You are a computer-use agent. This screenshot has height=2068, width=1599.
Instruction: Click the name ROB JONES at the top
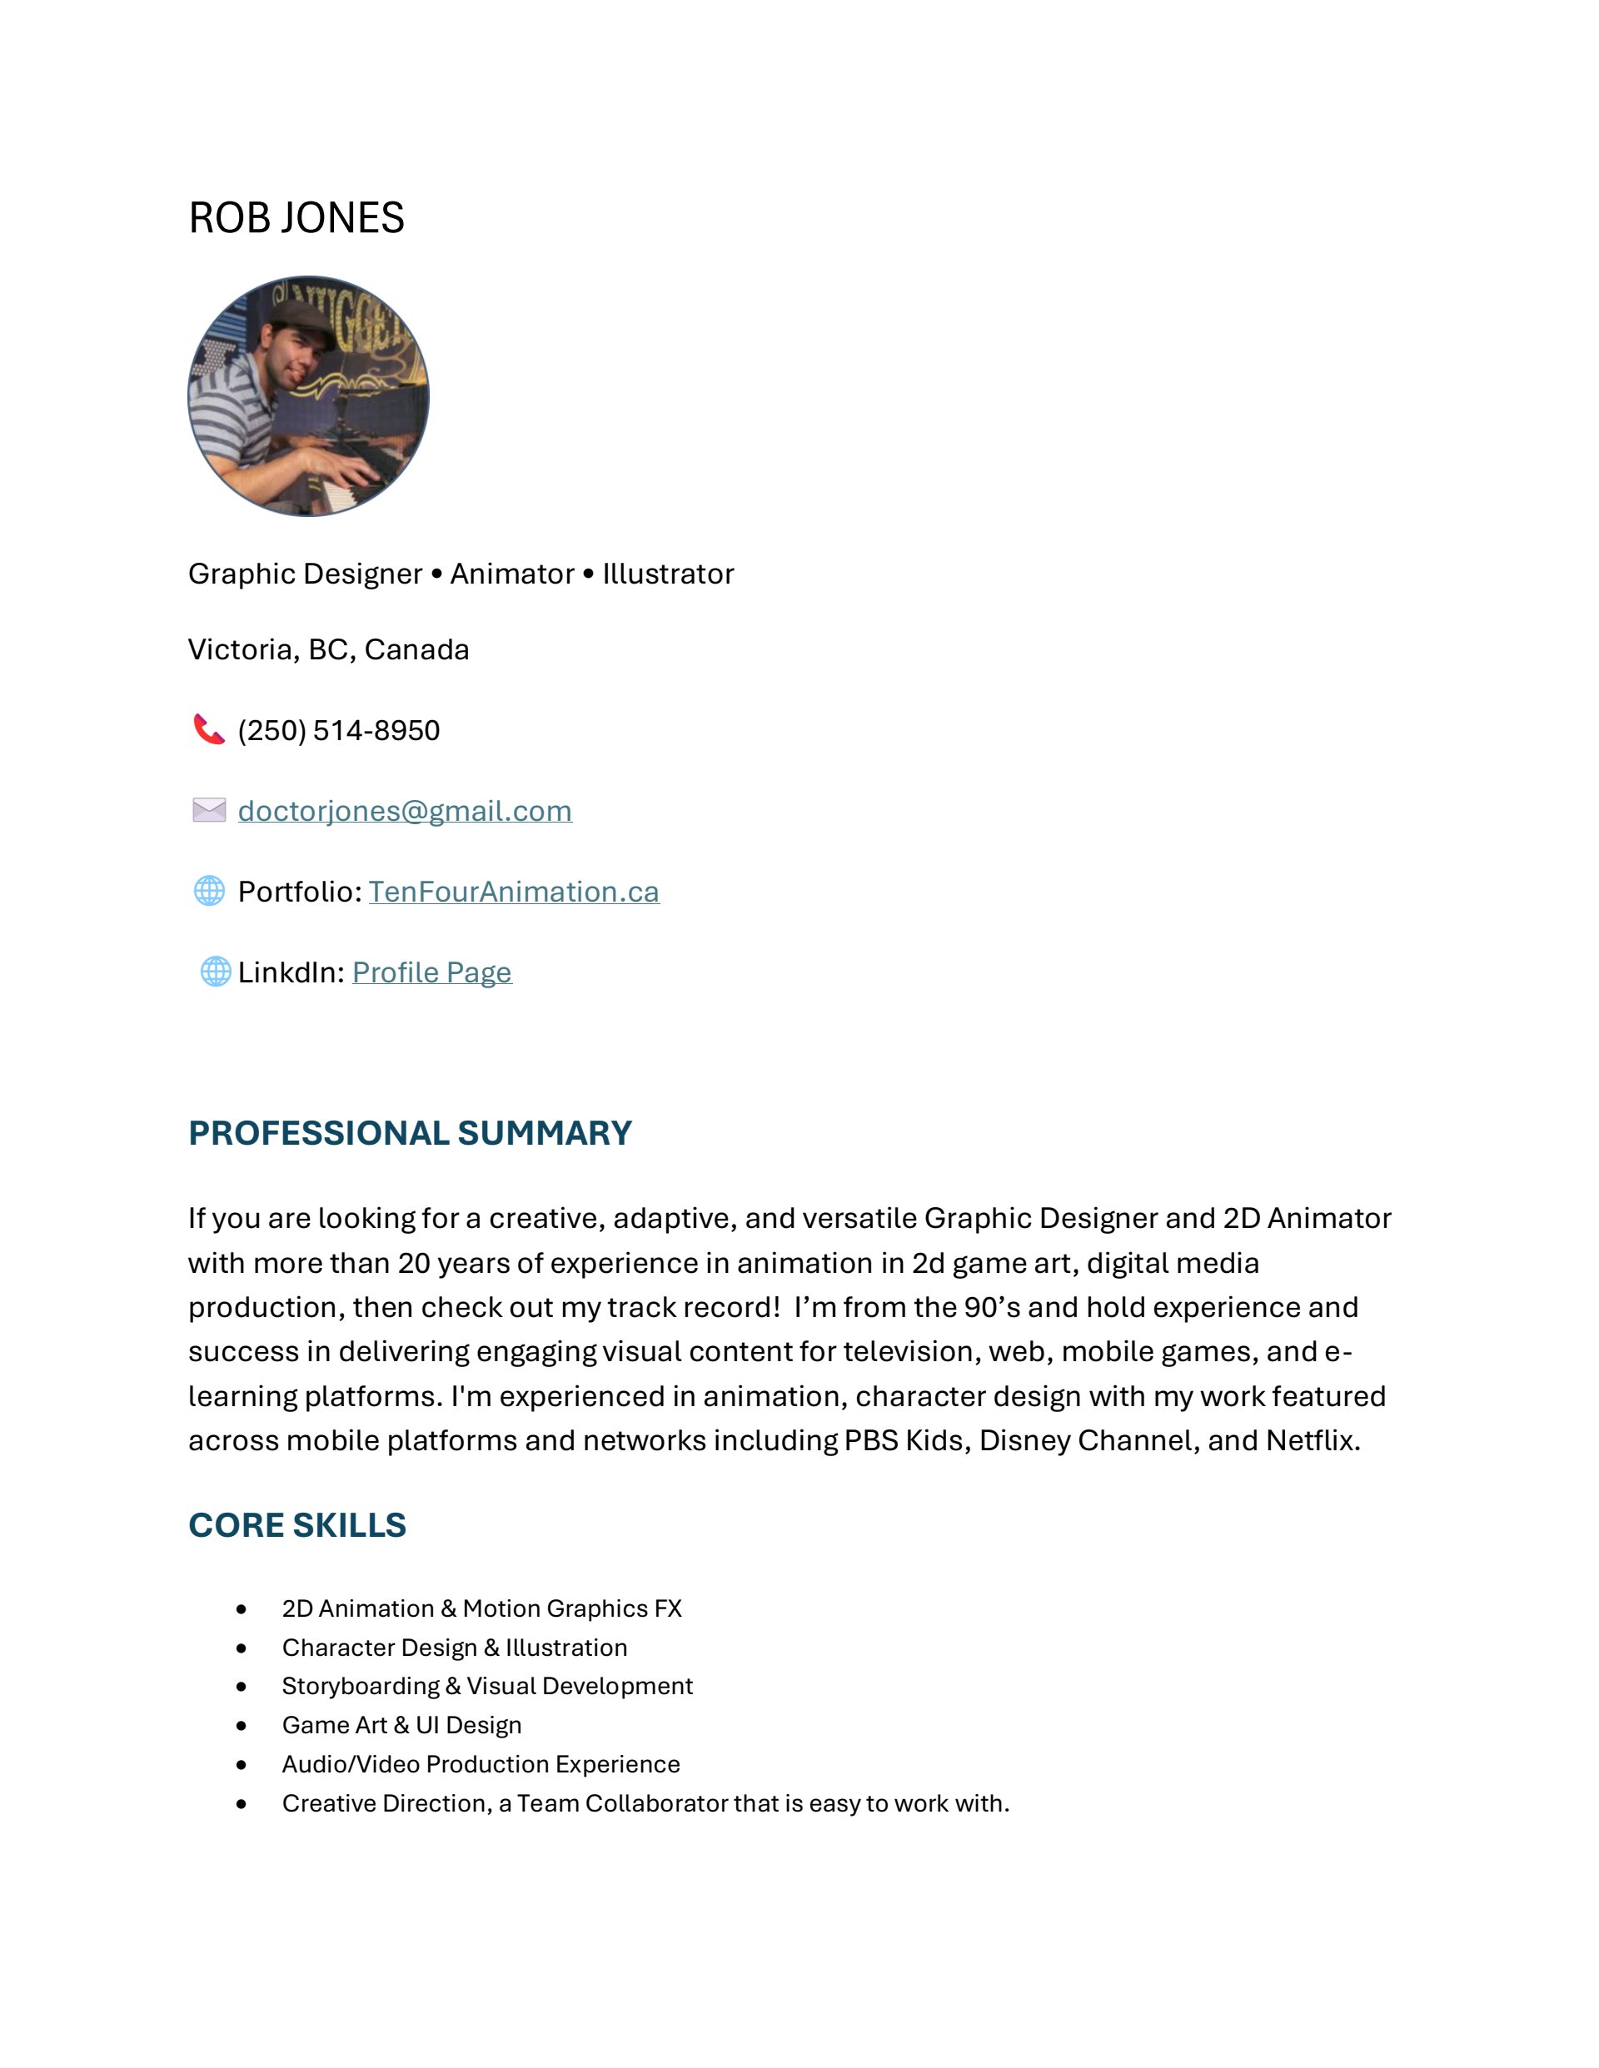(296, 219)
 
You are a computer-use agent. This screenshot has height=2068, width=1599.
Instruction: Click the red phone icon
(208, 729)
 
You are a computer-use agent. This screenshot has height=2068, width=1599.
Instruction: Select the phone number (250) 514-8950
(338, 731)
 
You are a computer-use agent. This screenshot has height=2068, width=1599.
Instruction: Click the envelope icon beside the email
(208, 811)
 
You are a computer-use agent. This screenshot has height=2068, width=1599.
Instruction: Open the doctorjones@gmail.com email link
(405, 812)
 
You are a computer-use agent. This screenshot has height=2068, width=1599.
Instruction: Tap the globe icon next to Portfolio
(208, 891)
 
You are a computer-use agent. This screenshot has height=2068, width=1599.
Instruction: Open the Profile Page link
(432, 972)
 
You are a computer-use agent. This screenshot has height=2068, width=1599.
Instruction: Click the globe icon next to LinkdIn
(215, 972)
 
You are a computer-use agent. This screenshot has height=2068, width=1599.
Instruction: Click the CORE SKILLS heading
(296, 1525)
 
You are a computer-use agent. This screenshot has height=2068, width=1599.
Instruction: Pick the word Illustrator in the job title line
(668, 574)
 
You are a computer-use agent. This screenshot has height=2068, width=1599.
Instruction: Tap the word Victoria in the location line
(243, 649)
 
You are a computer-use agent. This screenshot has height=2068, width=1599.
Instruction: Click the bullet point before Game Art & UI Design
(242, 1726)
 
